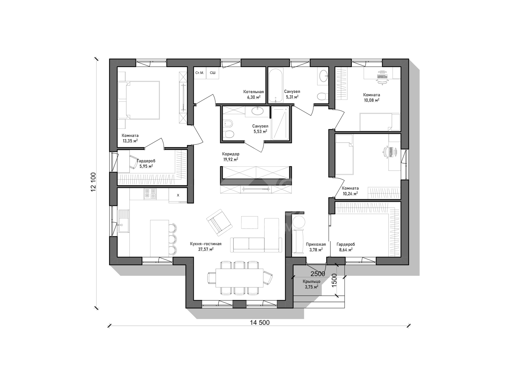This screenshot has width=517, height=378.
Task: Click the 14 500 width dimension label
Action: point(260,323)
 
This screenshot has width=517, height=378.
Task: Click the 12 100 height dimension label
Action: point(93,182)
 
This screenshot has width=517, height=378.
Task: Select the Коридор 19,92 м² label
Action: point(231,157)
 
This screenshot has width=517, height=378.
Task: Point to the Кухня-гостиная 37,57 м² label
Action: point(206,246)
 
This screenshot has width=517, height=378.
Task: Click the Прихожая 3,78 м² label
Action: point(316,247)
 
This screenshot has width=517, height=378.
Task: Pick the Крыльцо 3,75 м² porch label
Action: point(311,284)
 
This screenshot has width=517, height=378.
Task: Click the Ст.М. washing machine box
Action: point(200,73)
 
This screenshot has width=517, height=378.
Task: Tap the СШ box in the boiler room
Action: point(212,73)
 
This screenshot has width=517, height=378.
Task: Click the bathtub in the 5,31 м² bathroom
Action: point(276,85)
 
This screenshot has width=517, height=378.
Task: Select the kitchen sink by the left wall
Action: point(124,221)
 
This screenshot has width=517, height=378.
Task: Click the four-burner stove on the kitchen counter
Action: point(150,194)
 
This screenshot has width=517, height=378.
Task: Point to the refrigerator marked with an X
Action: point(178,195)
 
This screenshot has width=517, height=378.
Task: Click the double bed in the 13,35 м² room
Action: point(139,100)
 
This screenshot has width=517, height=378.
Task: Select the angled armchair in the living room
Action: point(219,222)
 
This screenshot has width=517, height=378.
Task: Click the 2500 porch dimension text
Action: point(318,274)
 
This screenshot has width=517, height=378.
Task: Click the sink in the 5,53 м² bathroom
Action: point(257,111)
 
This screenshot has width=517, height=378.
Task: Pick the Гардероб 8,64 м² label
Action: point(346,247)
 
